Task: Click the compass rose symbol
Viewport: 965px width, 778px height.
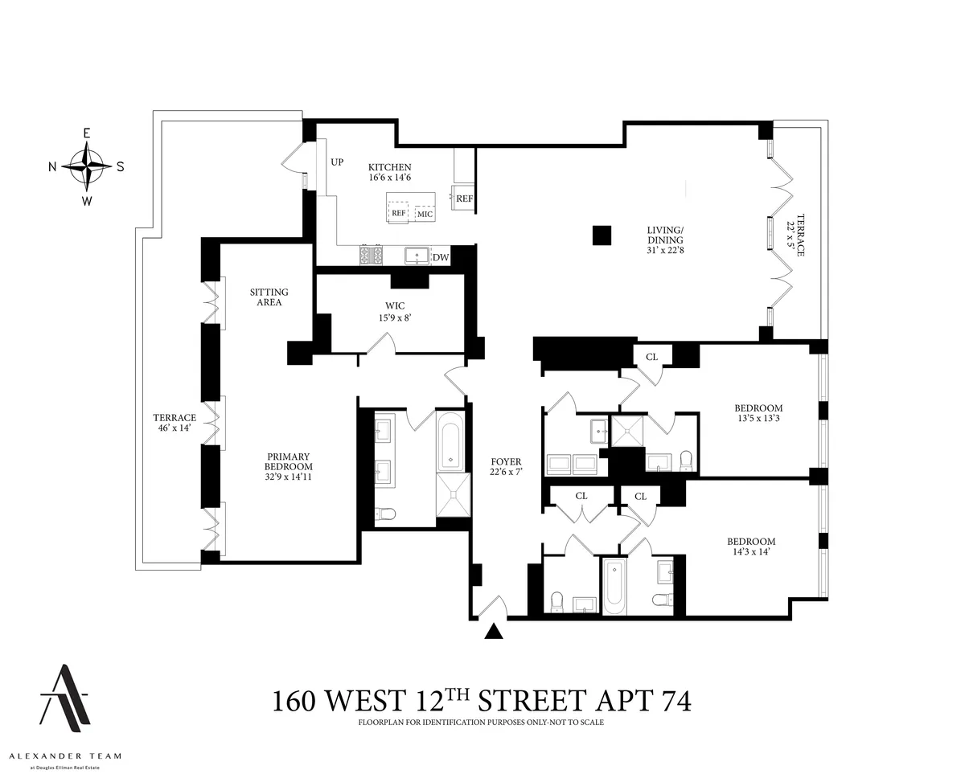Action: pyautogui.click(x=86, y=166)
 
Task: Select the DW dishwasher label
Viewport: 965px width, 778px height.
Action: pyautogui.click(x=440, y=257)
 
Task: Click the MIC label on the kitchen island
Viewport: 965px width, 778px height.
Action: pyautogui.click(x=425, y=214)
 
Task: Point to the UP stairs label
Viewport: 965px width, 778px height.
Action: pyautogui.click(x=336, y=162)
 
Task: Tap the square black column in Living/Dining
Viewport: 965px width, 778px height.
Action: pyautogui.click(x=601, y=235)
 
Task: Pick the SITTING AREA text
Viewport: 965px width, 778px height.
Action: pyautogui.click(x=269, y=297)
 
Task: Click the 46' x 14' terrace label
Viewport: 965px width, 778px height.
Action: pyautogui.click(x=175, y=424)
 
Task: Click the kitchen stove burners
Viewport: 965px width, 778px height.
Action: pyautogui.click(x=371, y=256)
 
